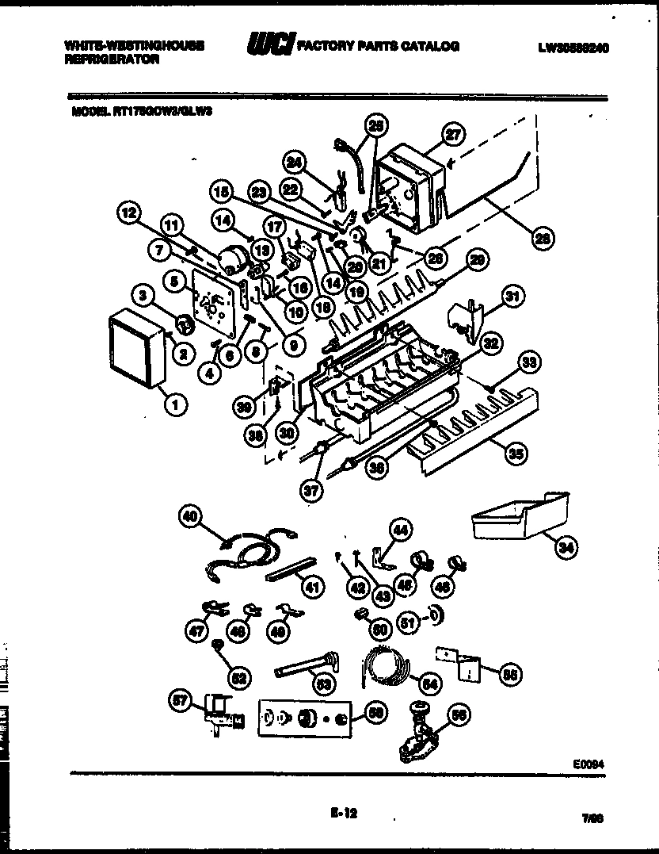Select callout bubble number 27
452,135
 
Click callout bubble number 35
516,454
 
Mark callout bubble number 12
131,213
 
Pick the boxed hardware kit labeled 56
304,718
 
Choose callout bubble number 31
514,298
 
